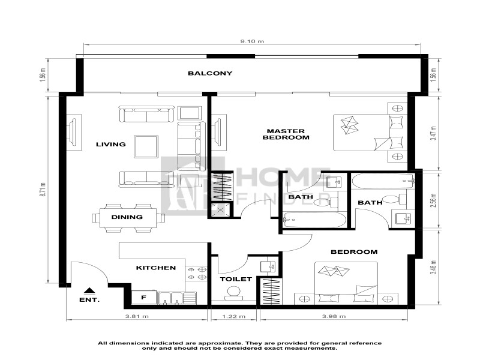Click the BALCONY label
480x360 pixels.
[x=210, y=73]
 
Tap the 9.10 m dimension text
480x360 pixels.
[x=252, y=41]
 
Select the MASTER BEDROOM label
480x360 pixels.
[x=286, y=134]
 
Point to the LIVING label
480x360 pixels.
[x=111, y=144]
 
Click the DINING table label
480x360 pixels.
[x=127, y=217]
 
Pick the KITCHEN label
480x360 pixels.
[x=156, y=268]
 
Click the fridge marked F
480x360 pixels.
[x=144, y=297]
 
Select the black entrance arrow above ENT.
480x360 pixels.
[x=89, y=290]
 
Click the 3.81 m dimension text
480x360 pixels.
[x=137, y=316]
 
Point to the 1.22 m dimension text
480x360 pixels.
[x=233, y=316]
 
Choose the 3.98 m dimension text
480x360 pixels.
[x=334, y=316]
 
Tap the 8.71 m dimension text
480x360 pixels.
[x=43, y=190]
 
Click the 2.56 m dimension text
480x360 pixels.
[x=433, y=201]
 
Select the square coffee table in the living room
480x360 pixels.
[x=146, y=146]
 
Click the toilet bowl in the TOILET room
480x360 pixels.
[x=234, y=293]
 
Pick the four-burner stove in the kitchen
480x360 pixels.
[x=196, y=274]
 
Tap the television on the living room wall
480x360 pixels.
[x=73, y=132]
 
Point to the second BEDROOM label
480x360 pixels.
[x=354, y=252]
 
